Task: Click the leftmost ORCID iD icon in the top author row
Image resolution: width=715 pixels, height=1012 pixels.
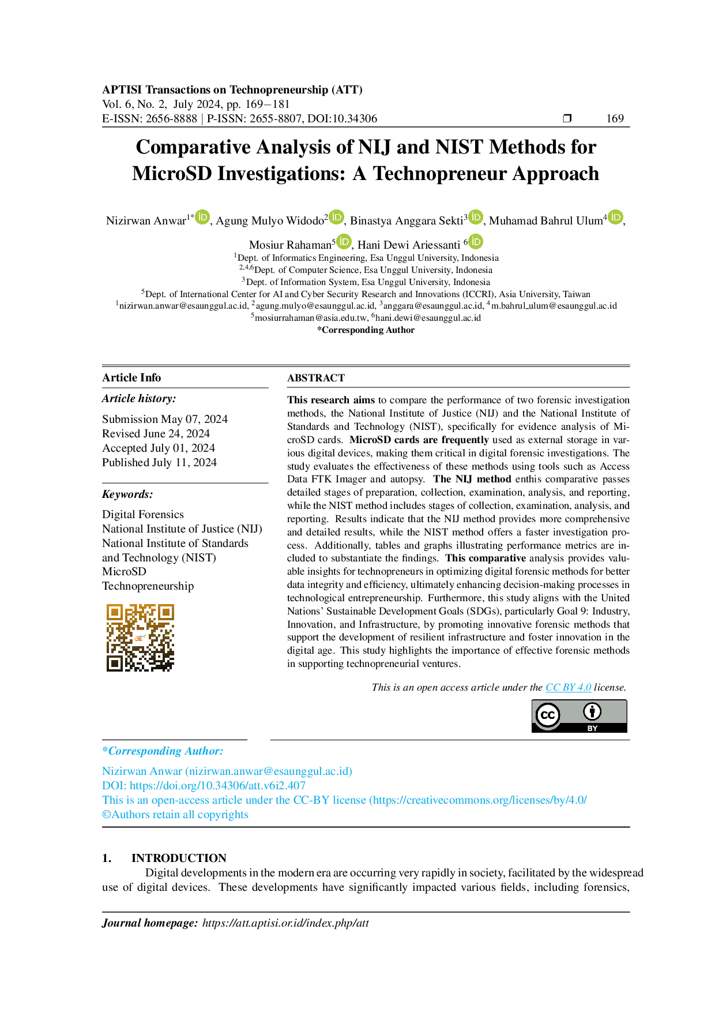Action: (203, 217)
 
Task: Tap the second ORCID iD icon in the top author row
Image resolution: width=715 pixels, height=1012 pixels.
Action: (337, 217)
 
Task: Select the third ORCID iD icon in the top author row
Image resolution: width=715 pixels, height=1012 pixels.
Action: (475, 217)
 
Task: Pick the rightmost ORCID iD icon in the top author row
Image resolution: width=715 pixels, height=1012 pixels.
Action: (616, 217)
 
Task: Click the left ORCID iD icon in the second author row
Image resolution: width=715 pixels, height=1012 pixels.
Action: (344, 241)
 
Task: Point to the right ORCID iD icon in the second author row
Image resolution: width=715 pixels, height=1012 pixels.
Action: (476, 241)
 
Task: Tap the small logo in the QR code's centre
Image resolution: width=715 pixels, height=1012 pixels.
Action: (141, 638)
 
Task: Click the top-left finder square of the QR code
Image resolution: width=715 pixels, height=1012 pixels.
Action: (115, 611)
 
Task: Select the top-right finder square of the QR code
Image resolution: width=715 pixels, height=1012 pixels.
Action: (166, 611)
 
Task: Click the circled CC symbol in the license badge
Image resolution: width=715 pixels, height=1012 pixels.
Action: (547, 715)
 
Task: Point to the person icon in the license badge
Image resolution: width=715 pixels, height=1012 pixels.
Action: (592, 712)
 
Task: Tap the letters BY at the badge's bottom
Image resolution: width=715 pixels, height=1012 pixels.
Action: (592, 729)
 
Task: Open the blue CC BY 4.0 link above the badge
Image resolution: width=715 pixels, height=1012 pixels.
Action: (569, 688)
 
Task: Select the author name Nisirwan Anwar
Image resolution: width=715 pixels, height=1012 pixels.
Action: (142, 771)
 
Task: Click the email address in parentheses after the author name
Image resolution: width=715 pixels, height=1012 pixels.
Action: (269, 771)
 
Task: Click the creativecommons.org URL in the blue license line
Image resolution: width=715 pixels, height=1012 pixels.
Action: (479, 800)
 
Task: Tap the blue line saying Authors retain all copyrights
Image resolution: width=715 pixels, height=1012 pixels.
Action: (175, 815)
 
